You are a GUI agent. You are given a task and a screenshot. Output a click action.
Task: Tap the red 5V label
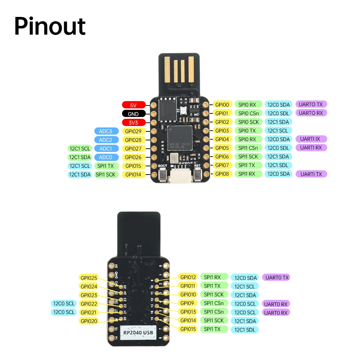click(134, 105)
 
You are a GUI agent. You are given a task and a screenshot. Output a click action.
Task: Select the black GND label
click(134, 114)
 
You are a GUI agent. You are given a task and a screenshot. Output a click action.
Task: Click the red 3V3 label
click(134, 122)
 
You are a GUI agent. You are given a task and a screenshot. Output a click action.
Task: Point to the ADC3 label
click(106, 131)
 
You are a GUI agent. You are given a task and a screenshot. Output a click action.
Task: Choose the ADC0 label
click(106, 157)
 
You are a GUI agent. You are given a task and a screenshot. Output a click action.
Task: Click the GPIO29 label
click(134, 131)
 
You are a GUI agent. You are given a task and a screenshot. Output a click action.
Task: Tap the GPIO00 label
click(222, 104)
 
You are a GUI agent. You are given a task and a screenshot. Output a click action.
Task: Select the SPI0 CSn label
click(248, 113)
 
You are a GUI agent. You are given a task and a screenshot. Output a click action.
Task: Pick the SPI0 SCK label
click(248, 122)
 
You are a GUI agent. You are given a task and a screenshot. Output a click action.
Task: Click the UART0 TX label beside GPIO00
click(311, 104)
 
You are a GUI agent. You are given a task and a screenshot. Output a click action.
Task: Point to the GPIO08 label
click(222, 174)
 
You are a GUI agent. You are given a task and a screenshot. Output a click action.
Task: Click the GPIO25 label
click(89, 278)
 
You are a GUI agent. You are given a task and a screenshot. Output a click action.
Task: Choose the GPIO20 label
click(89, 321)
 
